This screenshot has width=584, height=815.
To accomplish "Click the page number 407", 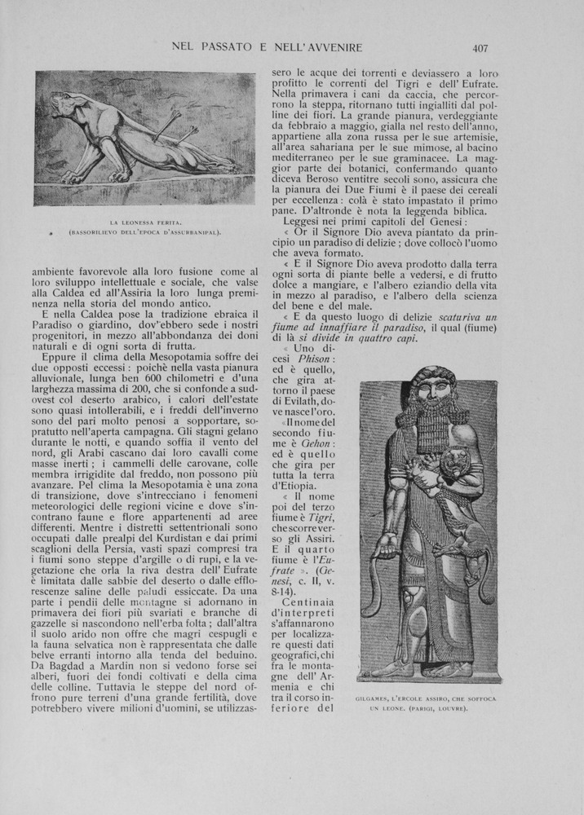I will tap(480, 47).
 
